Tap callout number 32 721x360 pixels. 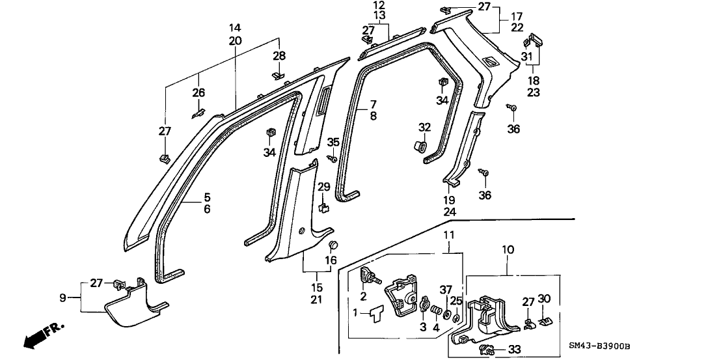[x=424, y=127]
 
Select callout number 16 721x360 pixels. [x=331, y=260]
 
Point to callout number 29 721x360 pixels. [x=323, y=187]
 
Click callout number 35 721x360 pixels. [x=333, y=142]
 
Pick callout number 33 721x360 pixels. [x=515, y=349]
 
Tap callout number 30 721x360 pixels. [x=545, y=299]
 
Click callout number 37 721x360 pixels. [x=445, y=289]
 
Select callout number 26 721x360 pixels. [x=198, y=93]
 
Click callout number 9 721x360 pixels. [x=62, y=298]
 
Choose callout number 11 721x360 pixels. [x=450, y=234]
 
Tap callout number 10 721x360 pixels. [x=508, y=249]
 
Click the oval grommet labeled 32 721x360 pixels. [x=420, y=147]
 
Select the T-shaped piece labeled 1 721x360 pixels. [x=374, y=313]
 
